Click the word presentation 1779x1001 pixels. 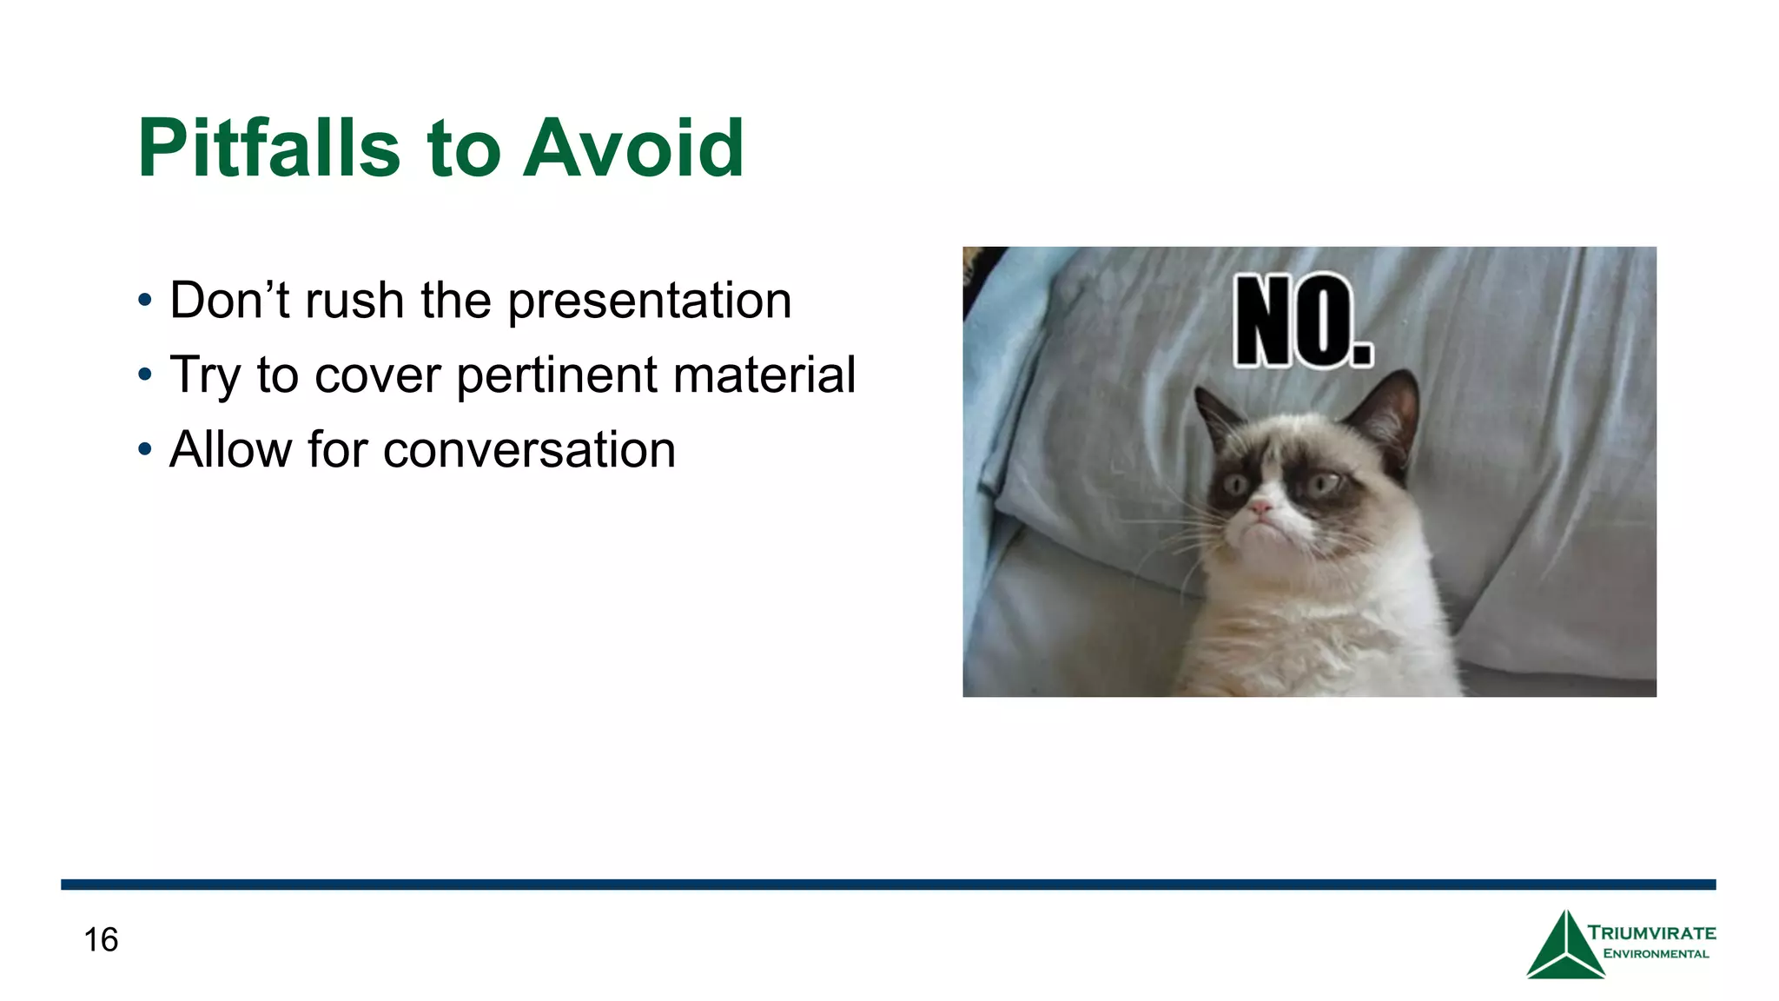(x=649, y=302)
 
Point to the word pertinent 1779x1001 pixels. (x=557, y=376)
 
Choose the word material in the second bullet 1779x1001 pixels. (x=764, y=375)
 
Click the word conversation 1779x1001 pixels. (x=529, y=450)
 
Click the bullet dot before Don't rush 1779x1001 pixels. (x=145, y=302)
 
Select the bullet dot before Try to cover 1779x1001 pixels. (x=145, y=375)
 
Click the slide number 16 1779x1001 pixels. (x=101, y=940)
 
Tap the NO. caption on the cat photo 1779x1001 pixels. (x=1303, y=321)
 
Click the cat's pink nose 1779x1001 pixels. (x=1260, y=507)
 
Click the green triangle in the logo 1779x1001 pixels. (x=1564, y=949)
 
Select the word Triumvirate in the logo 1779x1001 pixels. (x=1651, y=933)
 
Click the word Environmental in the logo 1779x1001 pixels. (x=1656, y=954)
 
